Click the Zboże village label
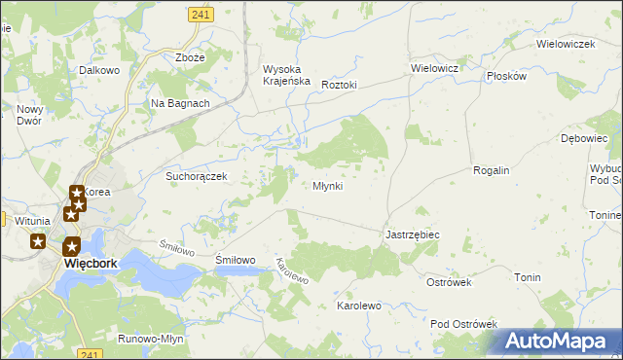(x=190, y=57)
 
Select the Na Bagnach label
(x=180, y=103)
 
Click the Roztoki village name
(x=339, y=85)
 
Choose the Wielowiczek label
(x=566, y=45)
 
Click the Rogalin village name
(x=491, y=170)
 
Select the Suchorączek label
(x=196, y=177)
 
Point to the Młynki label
(x=327, y=186)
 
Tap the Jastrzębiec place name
(x=413, y=235)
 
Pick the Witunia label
(x=32, y=221)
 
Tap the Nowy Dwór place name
(x=31, y=115)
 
